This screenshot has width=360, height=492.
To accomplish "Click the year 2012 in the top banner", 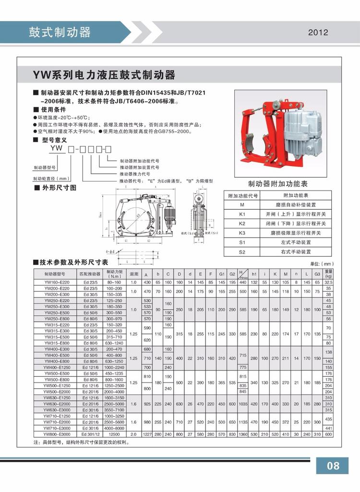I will [x=318, y=33].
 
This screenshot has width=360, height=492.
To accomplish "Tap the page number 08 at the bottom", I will [x=333, y=465].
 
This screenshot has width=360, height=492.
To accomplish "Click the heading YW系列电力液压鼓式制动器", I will [x=104, y=76].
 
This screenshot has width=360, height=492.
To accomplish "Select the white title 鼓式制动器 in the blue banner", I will [x=60, y=32].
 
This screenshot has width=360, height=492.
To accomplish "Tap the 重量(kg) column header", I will [x=328, y=274].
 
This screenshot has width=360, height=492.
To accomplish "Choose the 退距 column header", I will [x=134, y=274].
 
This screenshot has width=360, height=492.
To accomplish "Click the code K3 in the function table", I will [x=242, y=233].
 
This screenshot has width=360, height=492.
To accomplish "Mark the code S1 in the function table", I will [x=242, y=242].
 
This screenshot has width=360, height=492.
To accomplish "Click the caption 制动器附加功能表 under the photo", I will [x=278, y=184].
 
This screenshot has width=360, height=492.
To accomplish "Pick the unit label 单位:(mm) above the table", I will [x=321, y=264].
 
